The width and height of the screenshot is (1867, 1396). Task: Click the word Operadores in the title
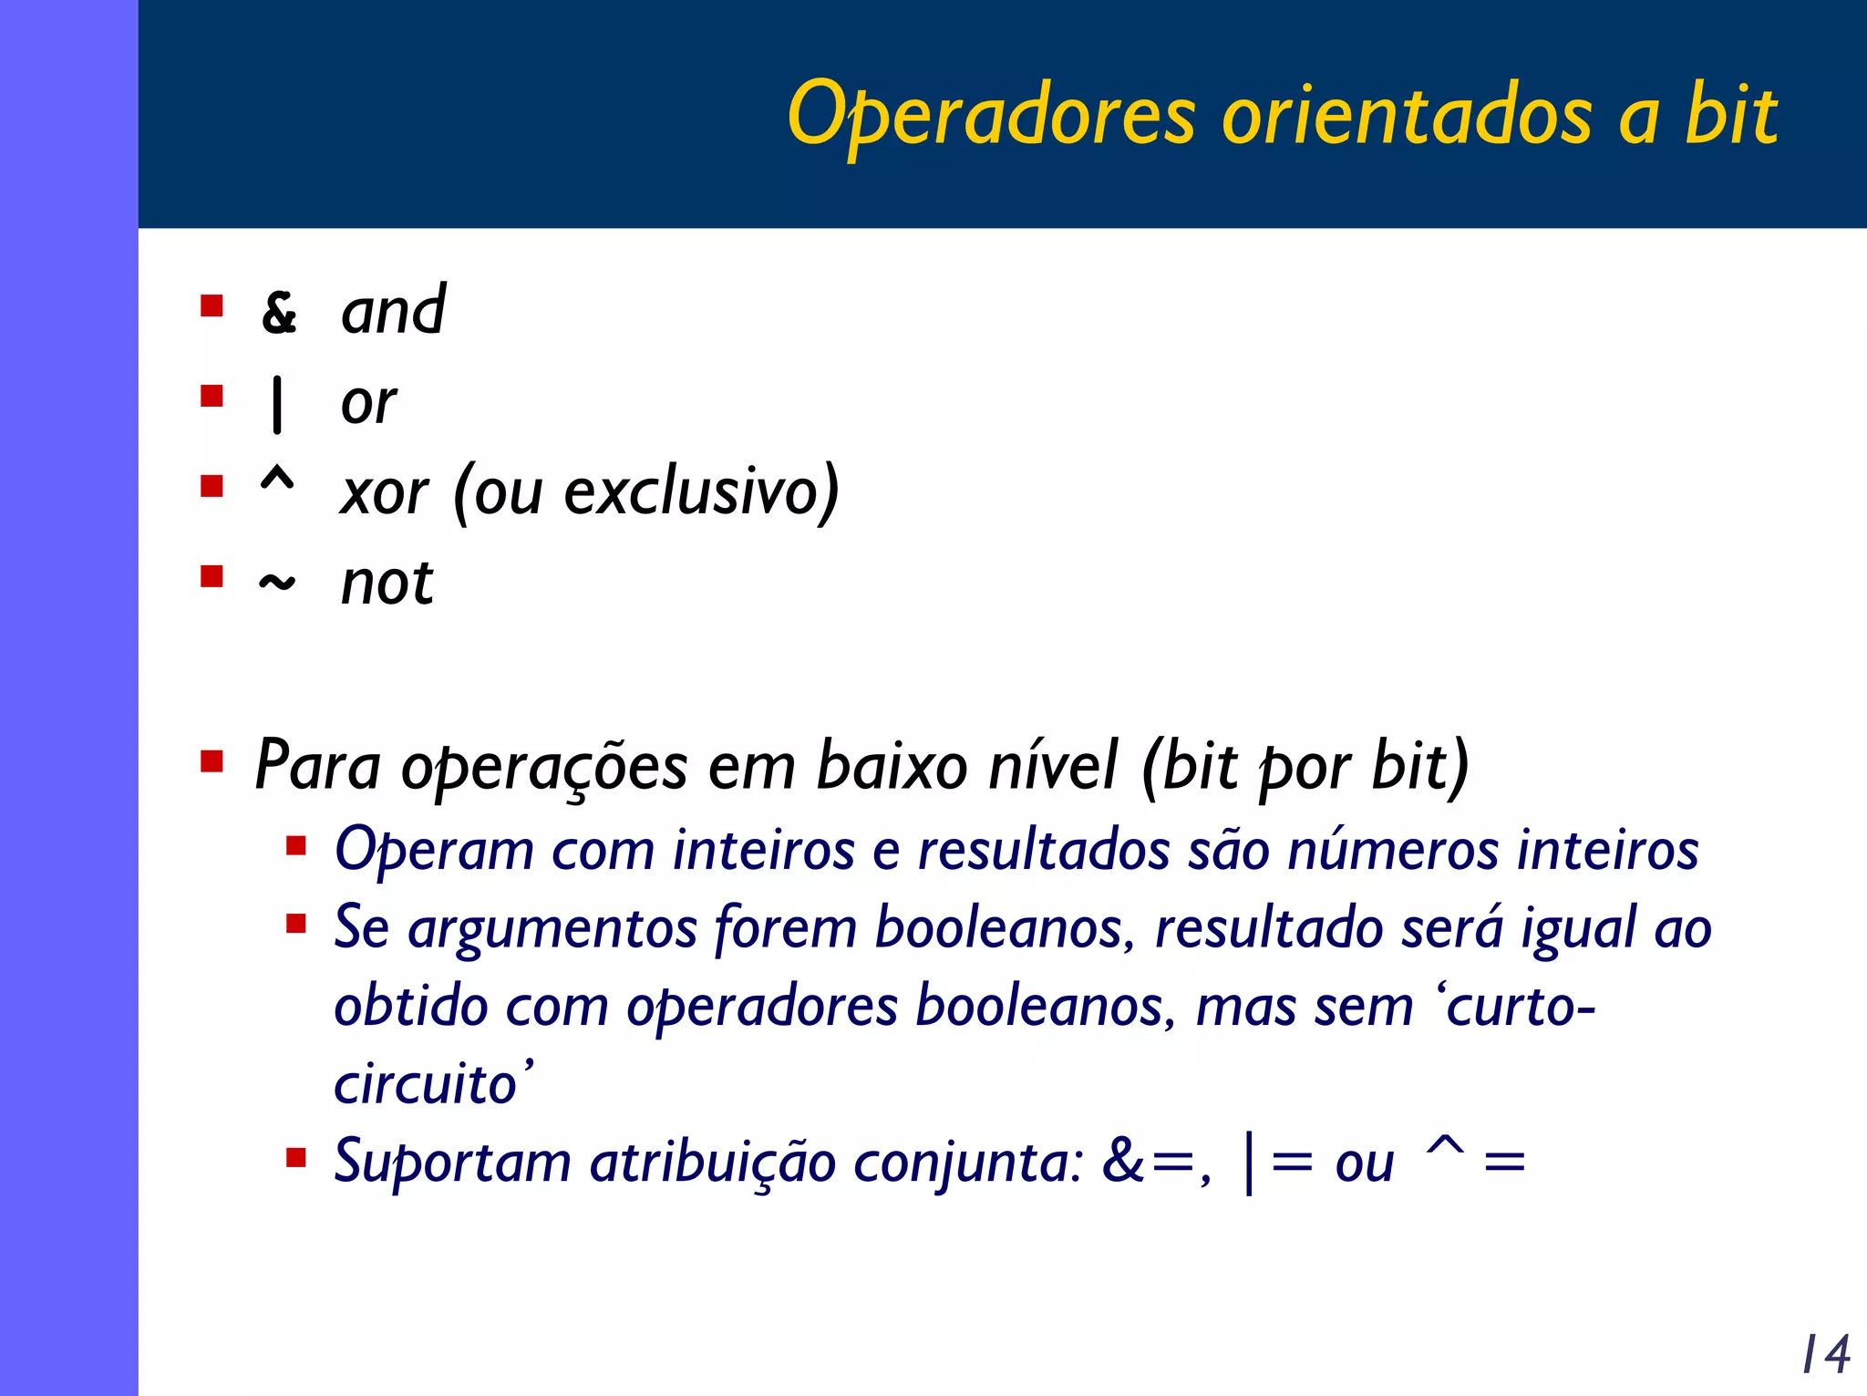coord(991,115)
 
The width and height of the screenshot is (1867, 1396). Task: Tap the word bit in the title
coord(1730,115)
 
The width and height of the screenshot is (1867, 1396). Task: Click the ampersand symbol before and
coord(279,313)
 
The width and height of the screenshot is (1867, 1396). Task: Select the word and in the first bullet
coord(393,311)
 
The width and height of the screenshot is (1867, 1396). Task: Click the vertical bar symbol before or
coord(277,404)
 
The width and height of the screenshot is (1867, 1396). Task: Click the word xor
coord(384,493)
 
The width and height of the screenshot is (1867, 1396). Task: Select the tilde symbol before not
coord(277,582)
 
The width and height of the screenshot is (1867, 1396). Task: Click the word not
coord(387,583)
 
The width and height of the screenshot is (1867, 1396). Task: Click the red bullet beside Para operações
coord(212,760)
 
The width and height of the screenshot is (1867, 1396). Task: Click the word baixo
coord(891,766)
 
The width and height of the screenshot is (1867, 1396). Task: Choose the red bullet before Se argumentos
coord(295,925)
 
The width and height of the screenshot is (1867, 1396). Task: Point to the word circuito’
coord(433,1084)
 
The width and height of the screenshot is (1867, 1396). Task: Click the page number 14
coord(1826,1354)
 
